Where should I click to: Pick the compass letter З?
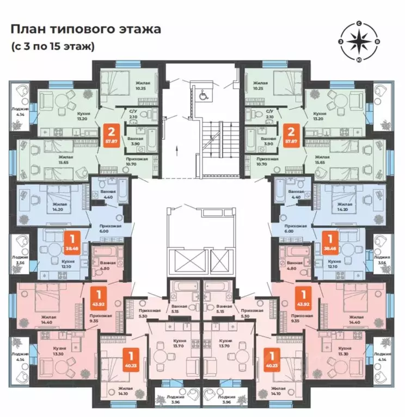[341, 41]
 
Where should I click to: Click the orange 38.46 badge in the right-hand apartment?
[329, 241]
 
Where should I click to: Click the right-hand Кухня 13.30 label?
[343, 350]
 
